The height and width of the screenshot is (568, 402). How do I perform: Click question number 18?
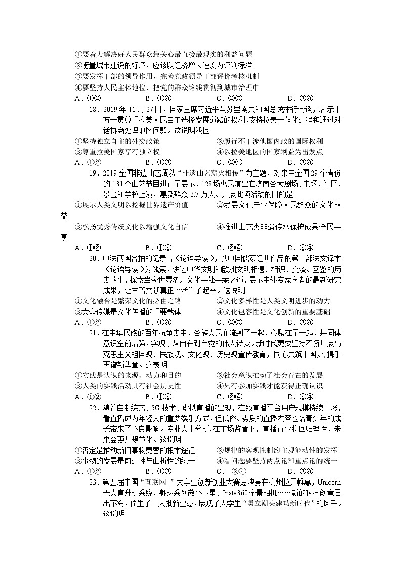pyautogui.click(x=93, y=109)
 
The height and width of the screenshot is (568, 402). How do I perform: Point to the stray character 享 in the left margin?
pyautogui.click(x=64, y=237)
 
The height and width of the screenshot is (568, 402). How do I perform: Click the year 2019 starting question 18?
pyautogui.click(x=110, y=109)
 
